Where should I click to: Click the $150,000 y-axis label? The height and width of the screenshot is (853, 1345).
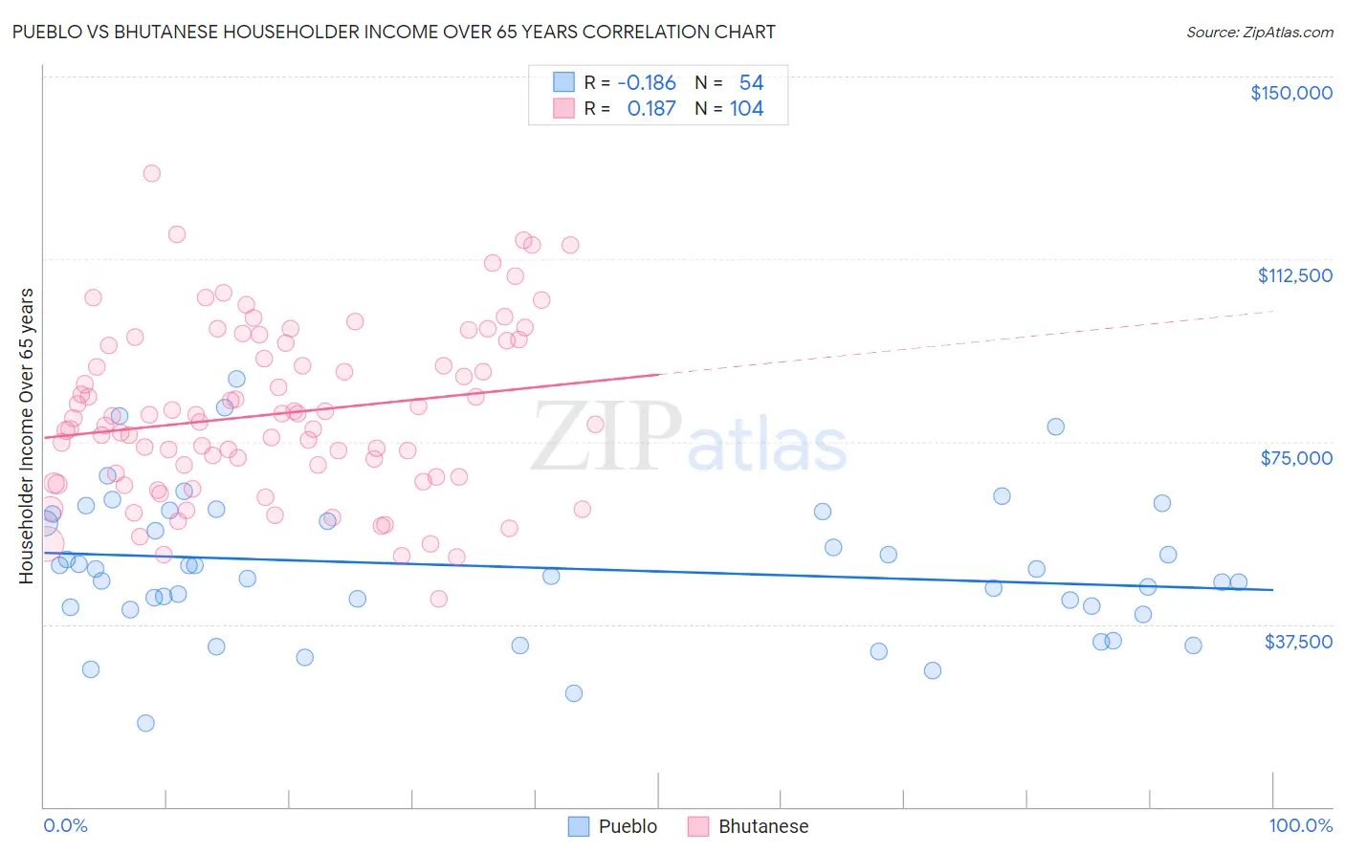1290,93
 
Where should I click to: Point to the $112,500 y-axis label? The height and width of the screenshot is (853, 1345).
1294,275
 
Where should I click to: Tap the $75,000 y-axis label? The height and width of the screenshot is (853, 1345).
1296,458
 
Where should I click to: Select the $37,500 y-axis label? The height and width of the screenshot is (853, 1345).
1298,642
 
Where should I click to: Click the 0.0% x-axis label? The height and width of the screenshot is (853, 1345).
65,825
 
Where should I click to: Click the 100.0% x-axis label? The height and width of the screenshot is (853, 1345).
1300,825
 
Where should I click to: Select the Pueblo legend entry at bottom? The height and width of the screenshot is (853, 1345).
613,826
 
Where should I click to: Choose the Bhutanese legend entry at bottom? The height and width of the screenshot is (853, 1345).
748,826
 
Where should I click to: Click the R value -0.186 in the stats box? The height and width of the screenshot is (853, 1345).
647,83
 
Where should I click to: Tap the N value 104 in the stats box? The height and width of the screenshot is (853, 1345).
746,109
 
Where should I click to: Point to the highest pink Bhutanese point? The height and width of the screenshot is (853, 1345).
151,173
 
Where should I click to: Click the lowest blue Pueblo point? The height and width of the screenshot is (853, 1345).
145,723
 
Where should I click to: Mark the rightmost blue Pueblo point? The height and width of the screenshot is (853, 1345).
1238,581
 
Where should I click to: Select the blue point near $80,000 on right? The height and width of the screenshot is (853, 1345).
1055,426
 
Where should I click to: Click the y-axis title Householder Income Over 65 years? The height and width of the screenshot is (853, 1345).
27,435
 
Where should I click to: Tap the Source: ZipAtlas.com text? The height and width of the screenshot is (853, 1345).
1259,33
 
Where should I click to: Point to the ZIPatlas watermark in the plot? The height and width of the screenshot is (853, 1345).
689,437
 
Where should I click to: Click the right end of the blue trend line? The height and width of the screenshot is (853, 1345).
1272,590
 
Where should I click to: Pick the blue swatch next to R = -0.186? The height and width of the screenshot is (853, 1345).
563,83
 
